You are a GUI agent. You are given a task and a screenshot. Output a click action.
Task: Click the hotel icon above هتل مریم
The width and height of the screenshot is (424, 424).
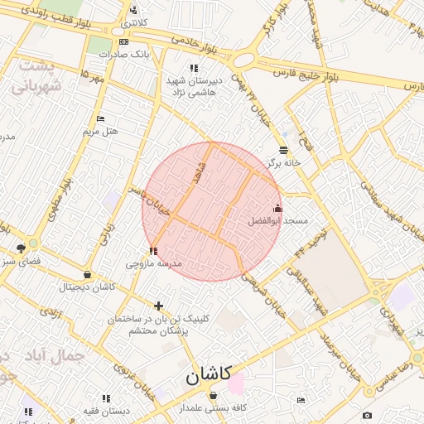click(101, 119)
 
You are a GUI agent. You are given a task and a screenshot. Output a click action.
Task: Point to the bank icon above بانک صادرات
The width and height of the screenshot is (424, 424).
click(123, 41)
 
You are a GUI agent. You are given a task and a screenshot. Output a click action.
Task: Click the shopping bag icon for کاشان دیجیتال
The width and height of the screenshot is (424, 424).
click(87, 275)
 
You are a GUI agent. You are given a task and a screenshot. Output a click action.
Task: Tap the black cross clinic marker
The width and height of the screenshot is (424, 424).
click(158, 306)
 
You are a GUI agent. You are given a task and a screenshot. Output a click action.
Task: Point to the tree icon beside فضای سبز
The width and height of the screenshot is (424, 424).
click(21, 248)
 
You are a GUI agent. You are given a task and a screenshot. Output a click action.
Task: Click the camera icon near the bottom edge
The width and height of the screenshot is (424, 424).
click(367, 415)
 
